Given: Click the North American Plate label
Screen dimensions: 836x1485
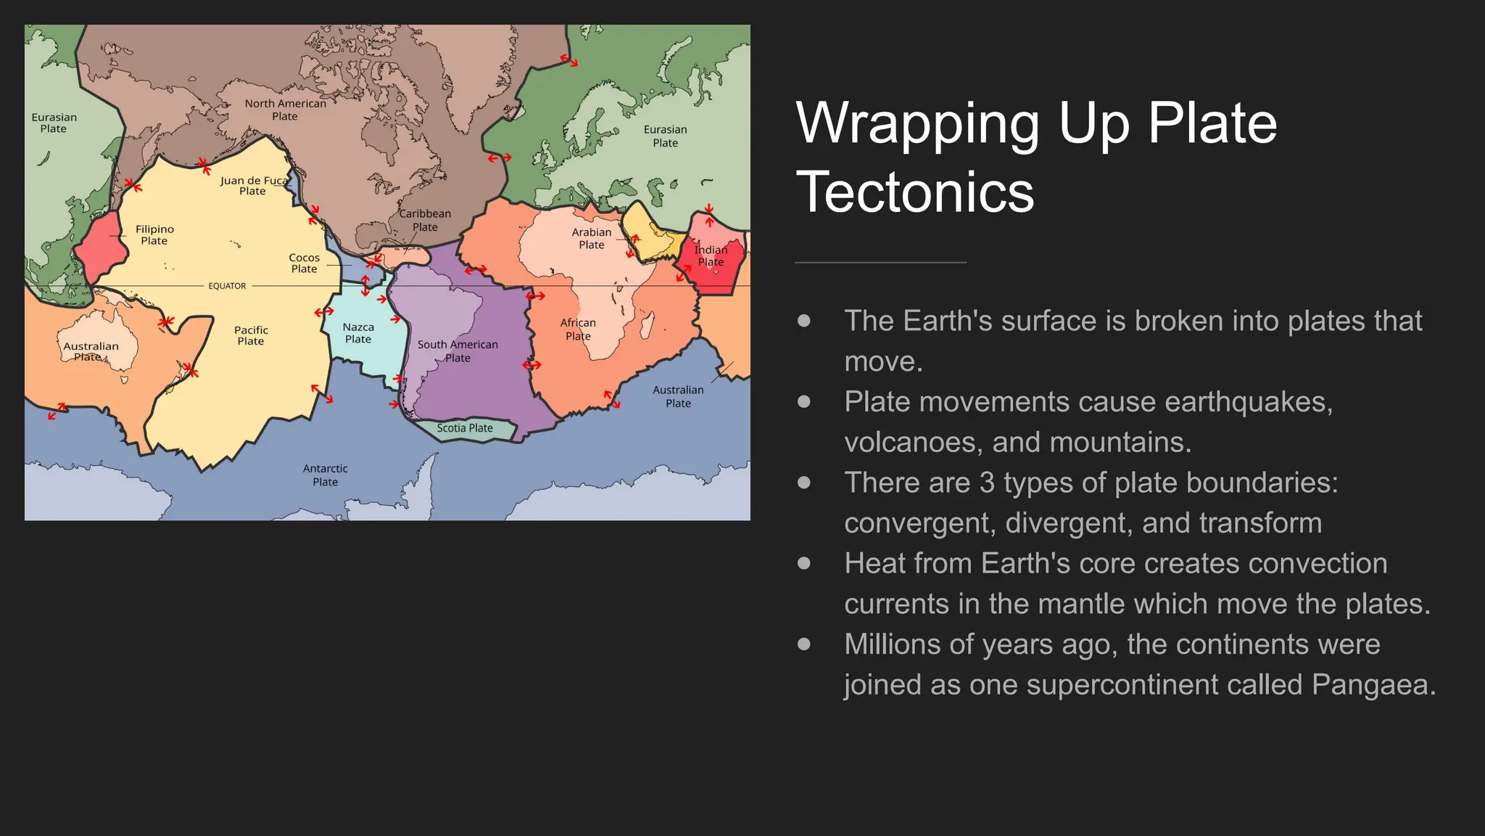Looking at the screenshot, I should point(285,110).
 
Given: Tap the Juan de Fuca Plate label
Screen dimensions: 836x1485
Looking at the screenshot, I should point(253,186).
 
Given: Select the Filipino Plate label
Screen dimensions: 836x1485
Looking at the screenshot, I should point(154,234).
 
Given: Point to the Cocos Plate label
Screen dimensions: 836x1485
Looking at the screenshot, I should point(304,263).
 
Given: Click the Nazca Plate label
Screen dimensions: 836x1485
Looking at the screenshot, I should point(358,333).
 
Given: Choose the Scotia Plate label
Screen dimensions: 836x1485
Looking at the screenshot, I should point(465,428).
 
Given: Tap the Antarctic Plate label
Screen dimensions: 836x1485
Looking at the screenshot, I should point(325,475).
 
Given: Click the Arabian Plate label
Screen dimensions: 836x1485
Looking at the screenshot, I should point(591,238).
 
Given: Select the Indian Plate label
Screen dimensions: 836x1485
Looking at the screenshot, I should point(711,255).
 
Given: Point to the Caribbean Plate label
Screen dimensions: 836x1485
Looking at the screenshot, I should point(425,220).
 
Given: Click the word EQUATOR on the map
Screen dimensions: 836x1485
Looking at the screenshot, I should point(227,286).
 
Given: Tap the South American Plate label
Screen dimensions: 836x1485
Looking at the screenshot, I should point(458,351).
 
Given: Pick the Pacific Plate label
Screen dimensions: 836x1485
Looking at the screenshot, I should point(251,335).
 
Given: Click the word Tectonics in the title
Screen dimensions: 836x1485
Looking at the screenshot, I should point(915,192).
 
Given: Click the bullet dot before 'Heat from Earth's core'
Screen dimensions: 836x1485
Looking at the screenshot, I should point(803,563).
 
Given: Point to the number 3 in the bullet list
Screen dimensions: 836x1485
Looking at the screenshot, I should point(987,483).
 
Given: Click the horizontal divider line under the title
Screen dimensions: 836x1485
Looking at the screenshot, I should point(880,263).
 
